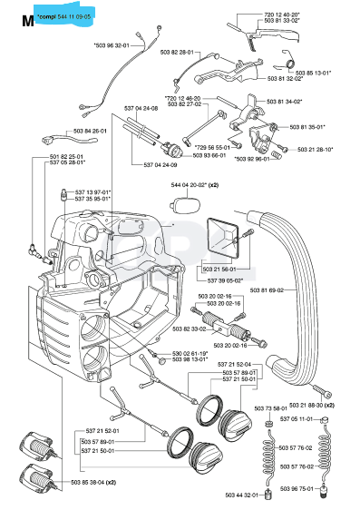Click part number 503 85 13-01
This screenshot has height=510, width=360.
[x=314, y=72]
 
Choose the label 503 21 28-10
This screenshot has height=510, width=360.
[x=313, y=149]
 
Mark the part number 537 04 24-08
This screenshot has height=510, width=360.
[x=141, y=108]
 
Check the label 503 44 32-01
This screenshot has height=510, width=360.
[x=258, y=495]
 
